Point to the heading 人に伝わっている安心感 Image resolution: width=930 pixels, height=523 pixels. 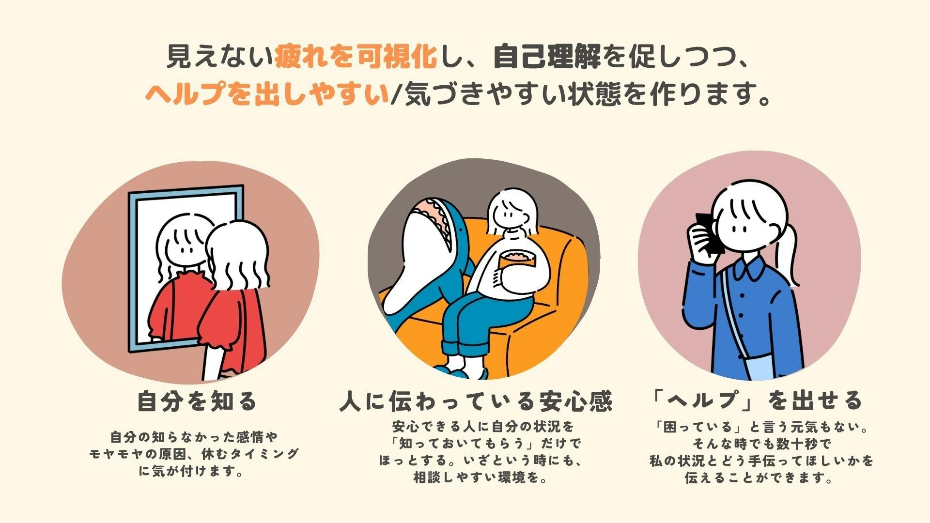click(476, 401)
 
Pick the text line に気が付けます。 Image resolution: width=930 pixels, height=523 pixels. click(191, 471)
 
